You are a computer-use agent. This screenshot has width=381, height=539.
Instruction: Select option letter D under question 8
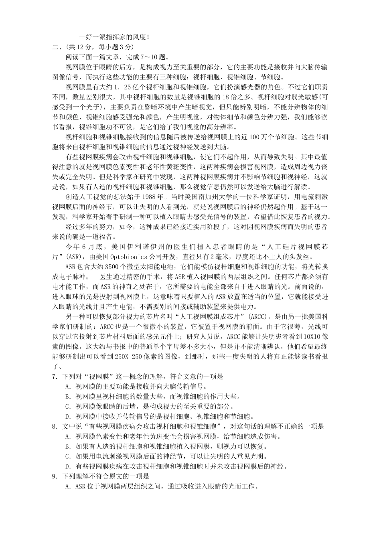[x=67, y=466]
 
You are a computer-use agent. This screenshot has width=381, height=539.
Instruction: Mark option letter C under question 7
[x=67, y=406]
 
